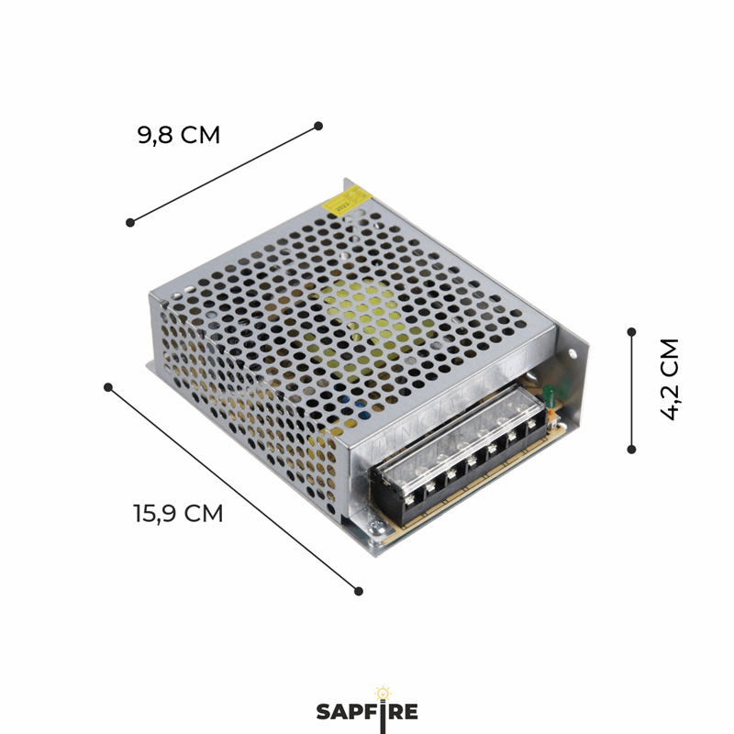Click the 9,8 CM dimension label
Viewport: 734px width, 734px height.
pyautogui.click(x=179, y=135)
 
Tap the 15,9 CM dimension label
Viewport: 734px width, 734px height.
pyautogui.click(x=178, y=513)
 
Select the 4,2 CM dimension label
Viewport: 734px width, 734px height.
pyautogui.click(x=670, y=379)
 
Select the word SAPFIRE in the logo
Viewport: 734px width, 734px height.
pyautogui.click(x=367, y=712)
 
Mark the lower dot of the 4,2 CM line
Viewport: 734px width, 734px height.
pyautogui.click(x=631, y=449)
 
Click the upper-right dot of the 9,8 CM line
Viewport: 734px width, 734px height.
pyautogui.click(x=318, y=126)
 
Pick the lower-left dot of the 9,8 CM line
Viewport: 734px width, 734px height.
pyautogui.click(x=130, y=222)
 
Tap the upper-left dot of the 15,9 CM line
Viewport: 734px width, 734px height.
pyautogui.click(x=108, y=387)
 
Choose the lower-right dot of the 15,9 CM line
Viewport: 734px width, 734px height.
pyautogui.click(x=359, y=591)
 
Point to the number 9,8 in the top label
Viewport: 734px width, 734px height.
pyautogui.click(x=156, y=135)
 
